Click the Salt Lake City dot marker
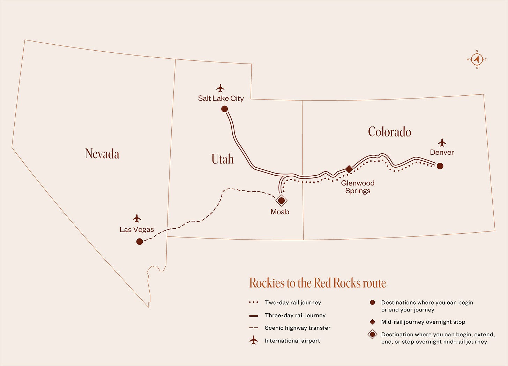click(x=225, y=109)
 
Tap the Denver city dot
click(x=440, y=166)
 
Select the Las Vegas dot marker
click(x=140, y=241)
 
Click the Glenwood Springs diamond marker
click(x=349, y=169)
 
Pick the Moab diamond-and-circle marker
click(x=281, y=201)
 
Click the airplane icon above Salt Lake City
click(x=220, y=88)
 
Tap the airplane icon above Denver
click(x=442, y=142)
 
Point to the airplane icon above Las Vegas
click(x=137, y=218)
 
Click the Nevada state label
click(x=102, y=154)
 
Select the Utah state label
click(x=223, y=159)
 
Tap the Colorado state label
click(x=389, y=132)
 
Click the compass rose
click(x=477, y=59)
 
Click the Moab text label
click(x=280, y=212)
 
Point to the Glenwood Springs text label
click(x=358, y=187)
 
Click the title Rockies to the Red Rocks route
click(x=317, y=283)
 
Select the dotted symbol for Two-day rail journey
click(x=254, y=302)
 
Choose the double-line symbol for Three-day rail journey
click(x=254, y=315)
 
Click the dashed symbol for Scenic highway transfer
click(x=254, y=328)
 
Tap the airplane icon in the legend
click(x=254, y=340)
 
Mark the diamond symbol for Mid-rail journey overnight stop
click(x=372, y=322)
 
